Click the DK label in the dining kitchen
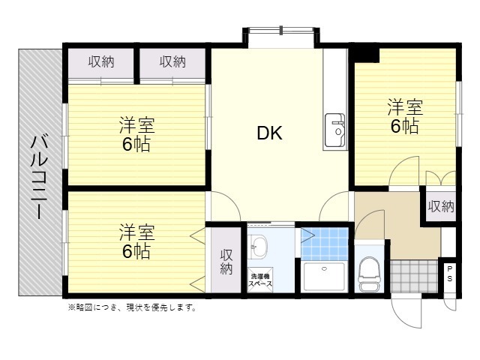click(x=269, y=133)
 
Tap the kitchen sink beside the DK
click(x=335, y=130)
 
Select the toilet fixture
click(x=369, y=274)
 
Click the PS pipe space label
click(x=450, y=274)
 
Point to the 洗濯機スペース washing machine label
click(x=260, y=280)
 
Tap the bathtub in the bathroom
click(x=325, y=277)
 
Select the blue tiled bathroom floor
click(x=325, y=244)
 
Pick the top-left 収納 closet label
click(x=101, y=62)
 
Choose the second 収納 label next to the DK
click(x=172, y=61)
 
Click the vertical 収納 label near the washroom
click(x=226, y=262)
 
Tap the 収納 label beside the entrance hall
click(x=441, y=207)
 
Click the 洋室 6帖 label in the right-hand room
click(x=405, y=116)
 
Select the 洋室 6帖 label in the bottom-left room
click(x=136, y=241)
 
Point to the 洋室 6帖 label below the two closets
click(x=136, y=134)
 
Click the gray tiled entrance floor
click(x=414, y=277)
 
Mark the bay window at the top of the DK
click(x=281, y=37)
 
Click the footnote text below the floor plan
click(x=132, y=307)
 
